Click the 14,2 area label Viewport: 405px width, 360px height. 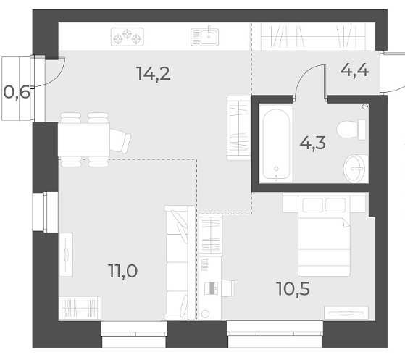click(x=153, y=74)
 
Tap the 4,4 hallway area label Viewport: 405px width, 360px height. click(x=354, y=70)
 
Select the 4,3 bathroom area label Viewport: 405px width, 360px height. click(x=312, y=143)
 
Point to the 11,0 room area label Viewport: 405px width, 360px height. click(x=123, y=271)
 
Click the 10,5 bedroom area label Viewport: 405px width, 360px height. click(x=293, y=289)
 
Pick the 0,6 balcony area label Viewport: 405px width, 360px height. click(x=17, y=93)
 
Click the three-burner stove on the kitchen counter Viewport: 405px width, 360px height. click(x=128, y=37)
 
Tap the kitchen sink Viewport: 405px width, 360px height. click(x=205, y=37)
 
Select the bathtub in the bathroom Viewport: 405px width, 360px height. click(x=276, y=144)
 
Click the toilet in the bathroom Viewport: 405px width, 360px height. click(x=351, y=129)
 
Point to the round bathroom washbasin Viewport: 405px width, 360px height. click(x=354, y=168)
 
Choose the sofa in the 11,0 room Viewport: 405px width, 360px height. click(x=180, y=263)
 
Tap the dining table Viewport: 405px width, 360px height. click(x=84, y=140)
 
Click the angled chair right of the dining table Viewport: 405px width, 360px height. click(x=120, y=141)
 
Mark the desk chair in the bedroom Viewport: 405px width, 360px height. click(x=227, y=288)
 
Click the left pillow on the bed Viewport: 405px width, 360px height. click(x=312, y=205)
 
